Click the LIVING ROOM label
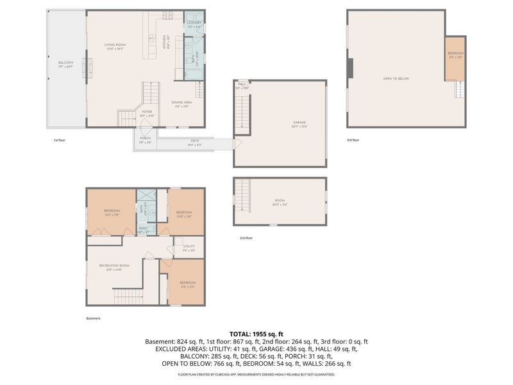coord(115,45)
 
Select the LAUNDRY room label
coord(194,24)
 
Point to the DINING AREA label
coord(181,103)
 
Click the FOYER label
coord(147,112)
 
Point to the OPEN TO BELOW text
coord(396,78)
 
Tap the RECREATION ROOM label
coord(114,266)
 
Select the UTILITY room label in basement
coord(189,247)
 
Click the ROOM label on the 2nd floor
coord(280,201)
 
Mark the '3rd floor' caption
coord(353,140)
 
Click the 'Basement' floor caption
coord(93,318)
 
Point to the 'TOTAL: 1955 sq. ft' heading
coord(256,334)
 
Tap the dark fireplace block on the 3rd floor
coord(349,67)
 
